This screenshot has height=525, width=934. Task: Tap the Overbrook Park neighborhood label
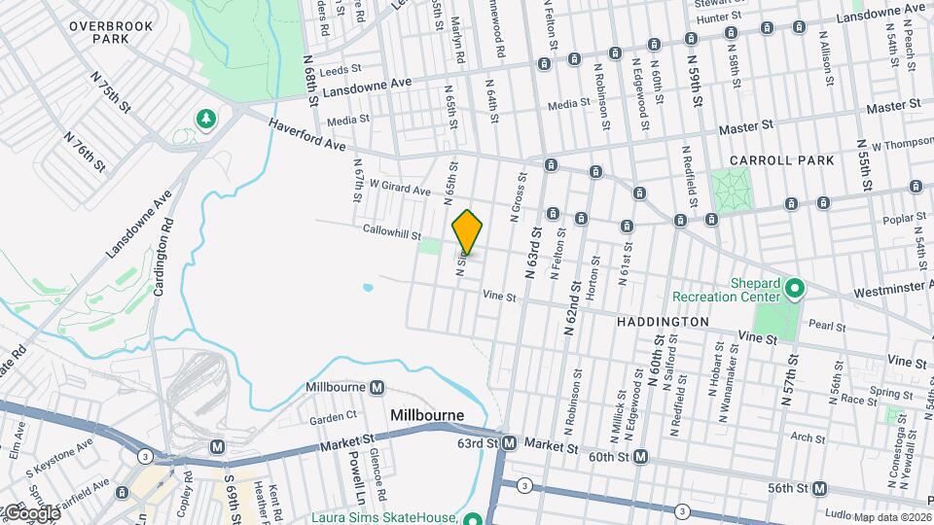click(111, 32)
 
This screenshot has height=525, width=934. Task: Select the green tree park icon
click(205, 119)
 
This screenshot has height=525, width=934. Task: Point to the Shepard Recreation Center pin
click(794, 288)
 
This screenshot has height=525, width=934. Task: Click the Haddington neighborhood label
click(663, 320)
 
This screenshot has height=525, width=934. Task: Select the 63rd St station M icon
click(509, 443)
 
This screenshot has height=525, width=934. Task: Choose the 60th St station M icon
click(640, 456)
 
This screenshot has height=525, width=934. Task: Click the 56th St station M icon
click(820, 488)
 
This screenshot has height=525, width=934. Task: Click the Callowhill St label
click(390, 234)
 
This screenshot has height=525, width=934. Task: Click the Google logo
click(31, 512)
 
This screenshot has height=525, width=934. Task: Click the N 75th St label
click(111, 89)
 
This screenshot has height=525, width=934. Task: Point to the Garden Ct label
click(334, 418)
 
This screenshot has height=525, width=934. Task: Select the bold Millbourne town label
click(426, 415)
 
